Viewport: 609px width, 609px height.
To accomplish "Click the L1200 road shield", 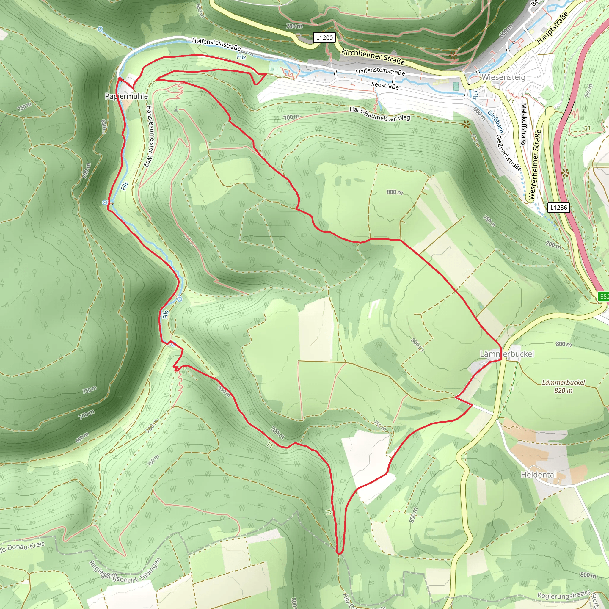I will coord(324,38).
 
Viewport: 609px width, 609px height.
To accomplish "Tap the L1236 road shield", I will coord(558,208).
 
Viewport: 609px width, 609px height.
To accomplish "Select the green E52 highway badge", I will coord(604,296).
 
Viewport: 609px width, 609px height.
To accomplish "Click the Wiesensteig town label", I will coord(503,77).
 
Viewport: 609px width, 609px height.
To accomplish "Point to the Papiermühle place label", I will coord(126,96).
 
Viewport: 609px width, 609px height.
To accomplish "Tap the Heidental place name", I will coord(539,474).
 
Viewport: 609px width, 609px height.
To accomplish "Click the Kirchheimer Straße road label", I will coord(373,56).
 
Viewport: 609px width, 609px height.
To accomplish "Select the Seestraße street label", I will coord(385,85).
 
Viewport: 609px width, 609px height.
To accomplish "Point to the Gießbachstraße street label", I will coord(508,153).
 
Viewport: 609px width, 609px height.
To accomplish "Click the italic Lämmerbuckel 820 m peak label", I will coord(563,386).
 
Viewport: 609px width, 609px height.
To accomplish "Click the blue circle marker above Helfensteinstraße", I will coord(100,29).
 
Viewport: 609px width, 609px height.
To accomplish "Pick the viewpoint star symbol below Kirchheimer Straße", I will coord(453,56).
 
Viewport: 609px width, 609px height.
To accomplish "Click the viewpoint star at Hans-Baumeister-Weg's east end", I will coord(466,125).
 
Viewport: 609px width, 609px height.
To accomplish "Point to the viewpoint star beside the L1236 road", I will coord(565,173).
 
